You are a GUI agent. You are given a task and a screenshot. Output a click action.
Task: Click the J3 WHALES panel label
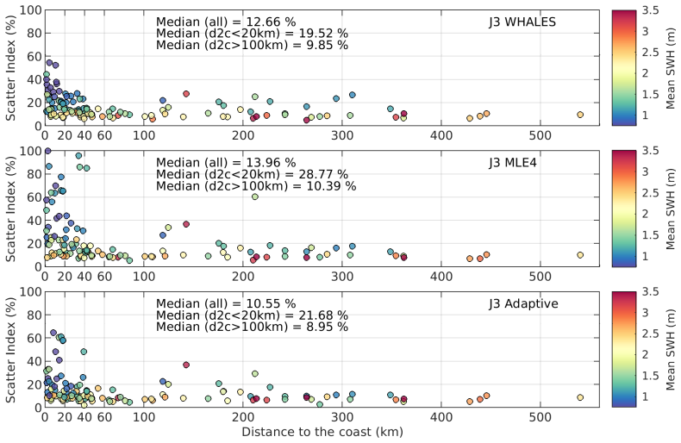(x=522, y=22)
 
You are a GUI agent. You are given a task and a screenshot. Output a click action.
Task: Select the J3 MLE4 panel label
(x=513, y=163)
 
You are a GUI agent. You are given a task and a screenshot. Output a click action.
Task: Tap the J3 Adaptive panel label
(x=523, y=303)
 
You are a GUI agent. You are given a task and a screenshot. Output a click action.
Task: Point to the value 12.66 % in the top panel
(x=271, y=22)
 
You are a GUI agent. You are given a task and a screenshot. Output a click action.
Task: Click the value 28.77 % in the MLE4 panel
(x=322, y=174)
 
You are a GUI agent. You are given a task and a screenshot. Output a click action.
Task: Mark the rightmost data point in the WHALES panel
(x=580, y=115)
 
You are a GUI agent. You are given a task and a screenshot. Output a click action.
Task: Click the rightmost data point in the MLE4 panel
(x=580, y=255)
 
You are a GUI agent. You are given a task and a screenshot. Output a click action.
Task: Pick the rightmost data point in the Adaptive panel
(x=580, y=397)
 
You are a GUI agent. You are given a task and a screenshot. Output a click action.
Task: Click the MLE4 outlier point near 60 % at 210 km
(x=255, y=197)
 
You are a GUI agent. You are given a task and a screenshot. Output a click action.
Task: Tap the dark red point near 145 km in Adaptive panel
(x=186, y=365)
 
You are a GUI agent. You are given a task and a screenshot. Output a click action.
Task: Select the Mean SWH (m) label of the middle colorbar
(x=671, y=209)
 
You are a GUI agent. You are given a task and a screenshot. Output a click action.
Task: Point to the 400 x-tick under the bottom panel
(x=441, y=417)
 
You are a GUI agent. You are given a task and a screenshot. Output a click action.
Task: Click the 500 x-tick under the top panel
(x=540, y=135)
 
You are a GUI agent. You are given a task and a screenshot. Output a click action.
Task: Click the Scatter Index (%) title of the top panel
(x=10, y=68)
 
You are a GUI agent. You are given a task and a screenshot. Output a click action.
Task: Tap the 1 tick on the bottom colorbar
(x=645, y=396)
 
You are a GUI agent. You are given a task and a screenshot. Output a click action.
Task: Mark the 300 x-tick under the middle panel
(x=342, y=276)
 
